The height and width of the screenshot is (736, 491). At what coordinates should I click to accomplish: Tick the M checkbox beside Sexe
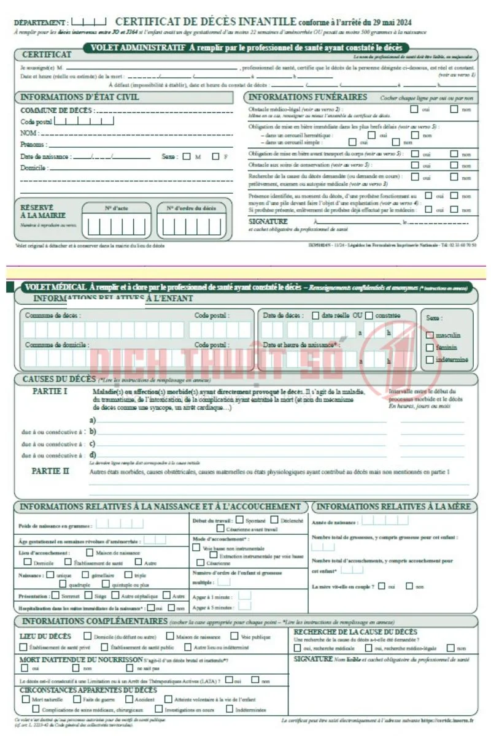[187, 156]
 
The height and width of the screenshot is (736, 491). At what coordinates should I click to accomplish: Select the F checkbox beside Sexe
[215, 156]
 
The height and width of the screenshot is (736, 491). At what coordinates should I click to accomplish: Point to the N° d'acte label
[116, 208]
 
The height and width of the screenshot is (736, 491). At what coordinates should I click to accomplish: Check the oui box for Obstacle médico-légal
[414, 110]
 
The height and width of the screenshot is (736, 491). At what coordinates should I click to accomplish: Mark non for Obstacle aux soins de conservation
[454, 165]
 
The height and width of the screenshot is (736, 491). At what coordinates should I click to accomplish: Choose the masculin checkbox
[430, 335]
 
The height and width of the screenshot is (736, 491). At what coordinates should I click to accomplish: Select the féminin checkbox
[430, 347]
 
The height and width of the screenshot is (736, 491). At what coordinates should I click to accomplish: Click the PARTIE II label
[50, 471]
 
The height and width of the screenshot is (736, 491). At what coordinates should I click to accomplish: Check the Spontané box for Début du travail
[239, 519]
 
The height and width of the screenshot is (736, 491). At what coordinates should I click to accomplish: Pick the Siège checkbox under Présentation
[88, 595]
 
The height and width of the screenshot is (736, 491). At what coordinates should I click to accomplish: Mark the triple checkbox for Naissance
[128, 575]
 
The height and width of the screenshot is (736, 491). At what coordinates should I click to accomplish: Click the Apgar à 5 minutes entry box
[244, 607]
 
